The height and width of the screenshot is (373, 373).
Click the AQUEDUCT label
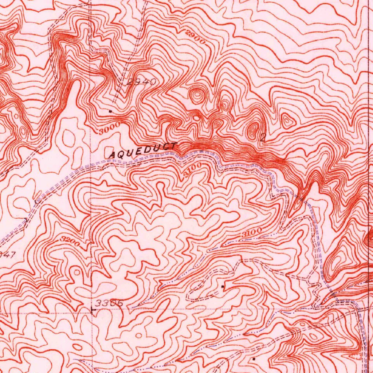click(x=143, y=150)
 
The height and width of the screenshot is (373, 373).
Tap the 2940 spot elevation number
click(x=141, y=83)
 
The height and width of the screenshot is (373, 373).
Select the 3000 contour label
click(x=110, y=128)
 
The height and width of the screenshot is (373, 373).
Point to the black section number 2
click(x=263, y=137)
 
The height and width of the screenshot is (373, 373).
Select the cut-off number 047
click(x=7, y=255)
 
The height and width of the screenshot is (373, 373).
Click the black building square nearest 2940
click(x=110, y=110)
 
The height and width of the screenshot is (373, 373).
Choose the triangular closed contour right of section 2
click(x=287, y=121)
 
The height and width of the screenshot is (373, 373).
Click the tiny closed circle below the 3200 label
click(x=77, y=272)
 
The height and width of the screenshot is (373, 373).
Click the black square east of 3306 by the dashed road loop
click(x=223, y=287)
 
